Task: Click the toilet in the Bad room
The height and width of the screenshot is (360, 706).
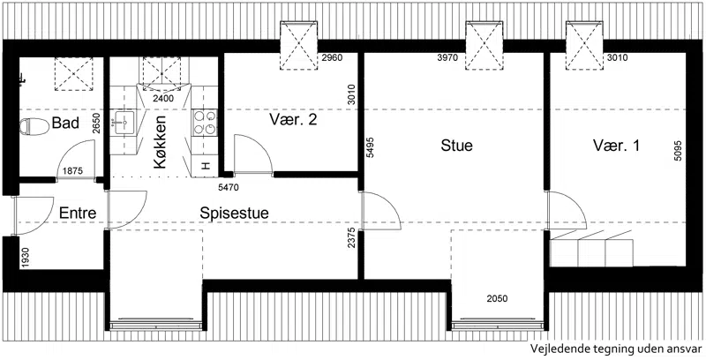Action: click(x=34, y=126)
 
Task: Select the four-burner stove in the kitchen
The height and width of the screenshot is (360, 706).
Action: click(x=205, y=123)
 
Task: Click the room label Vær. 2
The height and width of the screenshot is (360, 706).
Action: click(x=294, y=120)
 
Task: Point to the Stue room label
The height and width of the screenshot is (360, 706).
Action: click(x=456, y=146)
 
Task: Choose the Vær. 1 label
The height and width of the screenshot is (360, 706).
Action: click(x=616, y=146)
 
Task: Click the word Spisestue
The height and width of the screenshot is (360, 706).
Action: click(x=234, y=214)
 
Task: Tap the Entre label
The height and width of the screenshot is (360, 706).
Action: click(x=78, y=213)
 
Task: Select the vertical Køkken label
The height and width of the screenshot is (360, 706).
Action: click(x=160, y=142)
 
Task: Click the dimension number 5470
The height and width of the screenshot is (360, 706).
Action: click(x=229, y=187)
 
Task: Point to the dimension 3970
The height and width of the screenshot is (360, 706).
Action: click(x=447, y=57)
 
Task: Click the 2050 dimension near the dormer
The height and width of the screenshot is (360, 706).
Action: click(x=497, y=298)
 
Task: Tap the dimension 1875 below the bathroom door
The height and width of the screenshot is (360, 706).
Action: click(x=72, y=171)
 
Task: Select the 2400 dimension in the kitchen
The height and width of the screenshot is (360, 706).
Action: click(x=163, y=99)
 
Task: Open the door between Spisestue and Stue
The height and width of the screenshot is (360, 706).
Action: click(x=381, y=211)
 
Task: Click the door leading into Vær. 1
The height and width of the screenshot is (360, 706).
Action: click(x=566, y=211)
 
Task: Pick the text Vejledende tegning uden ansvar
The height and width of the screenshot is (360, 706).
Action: click(x=616, y=349)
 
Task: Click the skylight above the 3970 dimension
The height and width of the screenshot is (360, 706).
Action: click(x=484, y=46)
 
